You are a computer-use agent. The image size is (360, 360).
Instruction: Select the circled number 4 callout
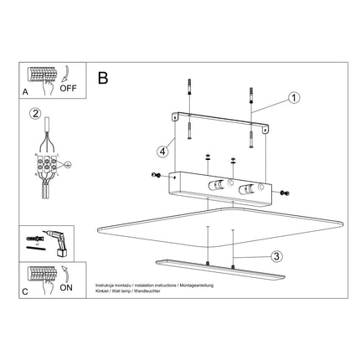tap(163, 152)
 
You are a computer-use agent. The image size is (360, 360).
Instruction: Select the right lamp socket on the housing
tap(248, 189)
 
